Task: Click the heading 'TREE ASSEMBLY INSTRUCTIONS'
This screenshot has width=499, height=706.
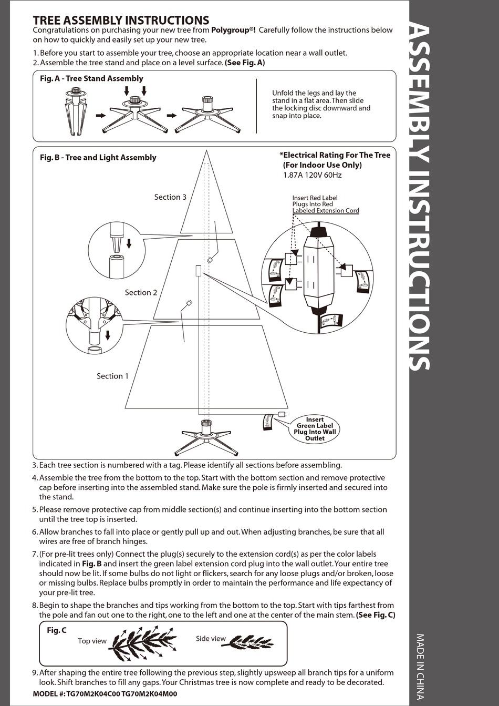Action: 121,20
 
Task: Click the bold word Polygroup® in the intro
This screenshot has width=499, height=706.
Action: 233,30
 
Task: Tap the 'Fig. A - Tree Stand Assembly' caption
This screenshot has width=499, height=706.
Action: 91,78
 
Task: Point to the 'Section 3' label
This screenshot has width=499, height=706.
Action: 170,197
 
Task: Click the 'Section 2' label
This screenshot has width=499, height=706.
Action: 141,292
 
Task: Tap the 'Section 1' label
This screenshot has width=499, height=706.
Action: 112,376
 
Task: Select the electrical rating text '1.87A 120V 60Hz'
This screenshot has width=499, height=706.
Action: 312,175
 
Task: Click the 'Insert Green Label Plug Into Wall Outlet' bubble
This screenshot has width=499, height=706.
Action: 315,429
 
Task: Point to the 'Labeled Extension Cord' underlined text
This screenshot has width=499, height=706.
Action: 326,211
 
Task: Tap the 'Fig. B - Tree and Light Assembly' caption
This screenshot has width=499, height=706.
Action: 98,157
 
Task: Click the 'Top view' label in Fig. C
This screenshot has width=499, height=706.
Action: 92,641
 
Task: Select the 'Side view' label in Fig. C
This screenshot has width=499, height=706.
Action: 211,639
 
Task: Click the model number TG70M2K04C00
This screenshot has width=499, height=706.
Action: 93,694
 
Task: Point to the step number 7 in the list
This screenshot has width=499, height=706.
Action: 35,554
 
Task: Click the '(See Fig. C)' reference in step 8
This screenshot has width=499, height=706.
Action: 376,615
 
